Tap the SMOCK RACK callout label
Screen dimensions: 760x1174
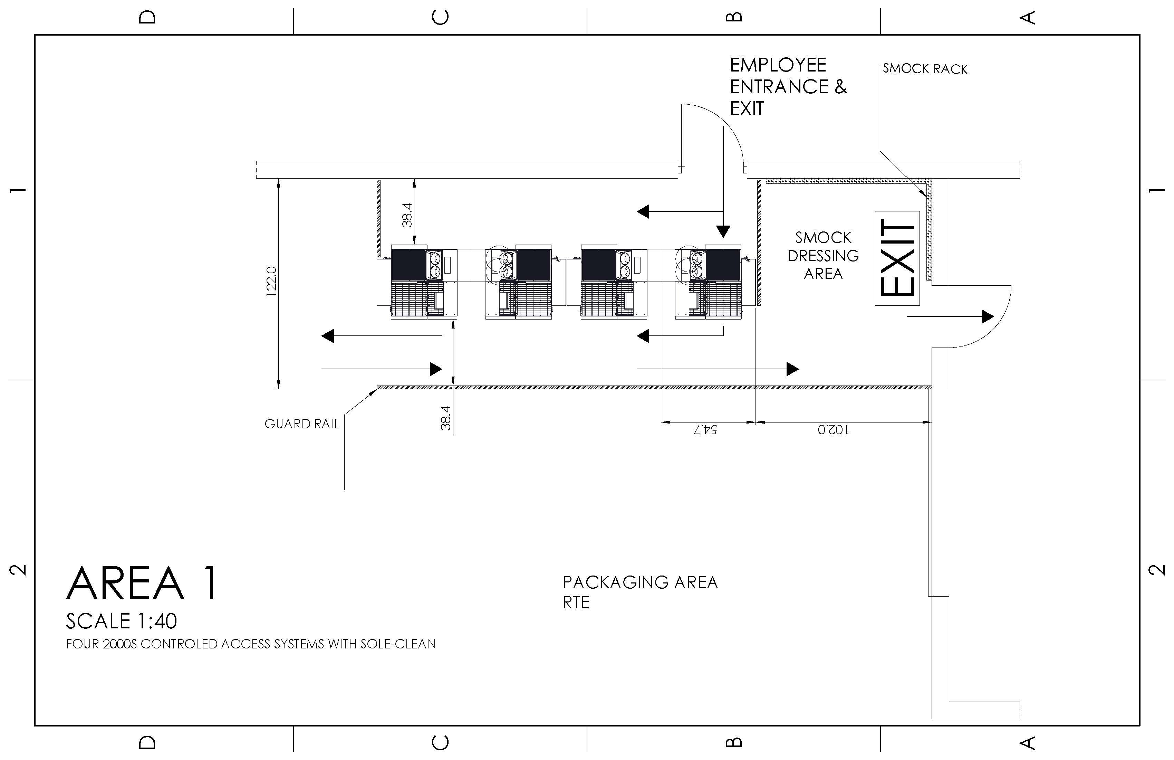click(x=925, y=69)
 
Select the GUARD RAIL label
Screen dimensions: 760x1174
click(x=302, y=424)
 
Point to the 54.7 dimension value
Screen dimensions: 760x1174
click(x=705, y=429)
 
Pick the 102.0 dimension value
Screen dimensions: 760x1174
click(x=833, y=429)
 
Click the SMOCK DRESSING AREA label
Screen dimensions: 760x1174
click(x=823, y=256)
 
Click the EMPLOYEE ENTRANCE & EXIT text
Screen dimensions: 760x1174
click(x=787, y=86)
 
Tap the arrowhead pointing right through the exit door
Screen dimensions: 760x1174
click(x=987, y=316)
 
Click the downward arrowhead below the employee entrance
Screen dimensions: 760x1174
click(x=723, y=231)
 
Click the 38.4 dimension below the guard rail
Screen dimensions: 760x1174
click(x=446, y=418)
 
